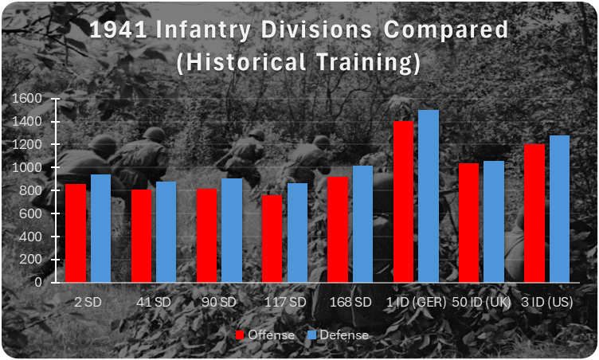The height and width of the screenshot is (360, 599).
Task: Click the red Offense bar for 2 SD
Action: pyautogui.click(x=76, y=233)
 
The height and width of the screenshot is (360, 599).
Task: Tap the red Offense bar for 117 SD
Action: pyautogui.click(x=272, y=239)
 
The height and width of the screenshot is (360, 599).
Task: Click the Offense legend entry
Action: pyautogui.click(x=265, y=335)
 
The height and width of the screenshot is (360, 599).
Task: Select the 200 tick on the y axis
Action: pyautogui.click(x=31, y=260)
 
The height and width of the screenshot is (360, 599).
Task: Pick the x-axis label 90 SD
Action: pyautogui.click(x=219, y=303)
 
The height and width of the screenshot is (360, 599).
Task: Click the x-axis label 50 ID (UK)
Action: pyautogui.click(x=481, y=303)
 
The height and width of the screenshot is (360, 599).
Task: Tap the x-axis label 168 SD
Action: pyautogui.click(x=350, y=303)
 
